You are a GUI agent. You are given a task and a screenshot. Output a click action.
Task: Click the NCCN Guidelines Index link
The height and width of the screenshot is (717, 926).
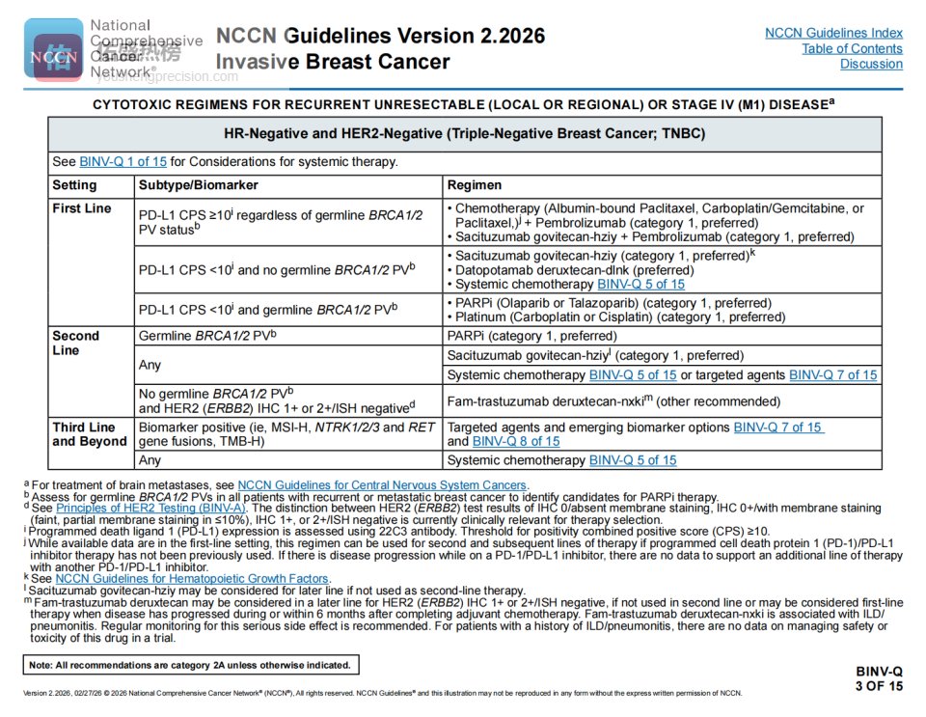(x=833, y=33)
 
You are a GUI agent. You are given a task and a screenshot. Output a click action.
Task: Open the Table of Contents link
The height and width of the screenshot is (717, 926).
(x=852, y=48)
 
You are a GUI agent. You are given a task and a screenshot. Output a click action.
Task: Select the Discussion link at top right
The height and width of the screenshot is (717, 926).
(x=871, y=64)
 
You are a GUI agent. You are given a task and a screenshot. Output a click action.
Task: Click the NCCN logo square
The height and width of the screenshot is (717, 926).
(x=52, y=49)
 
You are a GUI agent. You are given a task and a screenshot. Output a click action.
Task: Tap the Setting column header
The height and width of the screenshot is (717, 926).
(x=74, y=185)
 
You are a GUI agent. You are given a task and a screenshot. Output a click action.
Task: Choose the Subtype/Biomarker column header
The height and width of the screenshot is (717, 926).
(x=199, y=185)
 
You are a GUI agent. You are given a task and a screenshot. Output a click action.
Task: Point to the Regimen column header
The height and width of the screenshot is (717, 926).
(x=475, y=185)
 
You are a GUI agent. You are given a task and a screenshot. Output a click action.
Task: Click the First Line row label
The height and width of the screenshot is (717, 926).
(x=82, y=208)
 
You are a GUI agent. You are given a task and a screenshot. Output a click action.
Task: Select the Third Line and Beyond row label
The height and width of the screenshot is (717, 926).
(x=90, y=433)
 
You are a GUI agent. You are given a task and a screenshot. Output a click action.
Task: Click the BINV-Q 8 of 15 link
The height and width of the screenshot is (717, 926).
(x=516, y=441)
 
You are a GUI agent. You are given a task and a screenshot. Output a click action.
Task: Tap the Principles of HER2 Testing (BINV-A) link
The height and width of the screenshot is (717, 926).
(x=151, y=508)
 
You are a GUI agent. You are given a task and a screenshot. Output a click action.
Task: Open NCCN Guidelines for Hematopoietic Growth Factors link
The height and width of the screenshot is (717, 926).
(x=192, y=578)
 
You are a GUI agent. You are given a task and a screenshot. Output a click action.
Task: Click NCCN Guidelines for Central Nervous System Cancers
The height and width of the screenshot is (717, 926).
(x=383, y=484)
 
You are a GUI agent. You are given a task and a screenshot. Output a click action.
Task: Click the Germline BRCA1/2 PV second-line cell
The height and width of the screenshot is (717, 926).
(x=207, y=336)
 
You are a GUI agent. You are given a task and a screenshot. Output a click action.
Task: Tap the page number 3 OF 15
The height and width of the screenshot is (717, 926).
(x=879, y=686)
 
